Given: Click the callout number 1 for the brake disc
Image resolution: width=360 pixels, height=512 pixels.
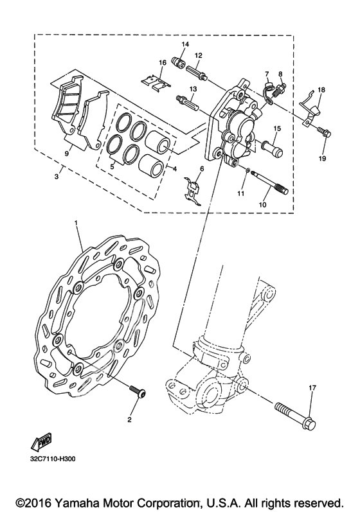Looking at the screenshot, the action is coord(76,223).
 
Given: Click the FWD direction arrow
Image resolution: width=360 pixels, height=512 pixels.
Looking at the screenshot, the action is coord(40,443).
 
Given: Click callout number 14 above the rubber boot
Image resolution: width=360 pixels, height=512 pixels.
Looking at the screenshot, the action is coord(185,44).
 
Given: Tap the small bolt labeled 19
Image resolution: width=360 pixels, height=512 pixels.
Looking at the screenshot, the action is coord(323,132).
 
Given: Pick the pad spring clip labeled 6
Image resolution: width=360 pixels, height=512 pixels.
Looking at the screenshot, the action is coord(193,190).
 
